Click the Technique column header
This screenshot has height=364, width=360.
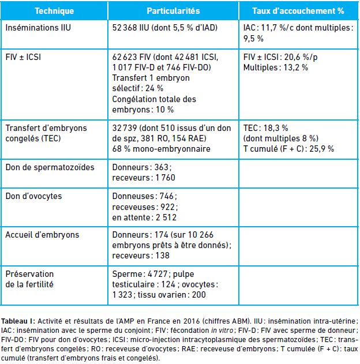pos(54,11)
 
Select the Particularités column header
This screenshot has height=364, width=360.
pos(173,11)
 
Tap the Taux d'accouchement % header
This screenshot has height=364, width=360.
pos(298,11)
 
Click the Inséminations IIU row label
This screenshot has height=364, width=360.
pos(38,28)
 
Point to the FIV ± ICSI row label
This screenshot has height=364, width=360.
pos(23,57)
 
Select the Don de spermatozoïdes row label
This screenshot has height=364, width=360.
pos(50,167)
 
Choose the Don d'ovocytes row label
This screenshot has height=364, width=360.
pos(33,196)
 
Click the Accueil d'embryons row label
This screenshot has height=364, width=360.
pos(42,235)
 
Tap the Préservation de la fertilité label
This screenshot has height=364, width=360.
pos(29,279)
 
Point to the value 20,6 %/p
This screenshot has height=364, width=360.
pos(301,57)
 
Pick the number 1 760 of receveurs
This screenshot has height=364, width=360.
pos(166,178)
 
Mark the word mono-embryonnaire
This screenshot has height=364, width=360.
pos(171,149)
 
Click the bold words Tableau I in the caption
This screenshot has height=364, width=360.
pos(18,321)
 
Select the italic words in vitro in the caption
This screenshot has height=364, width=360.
pos(222,331)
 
